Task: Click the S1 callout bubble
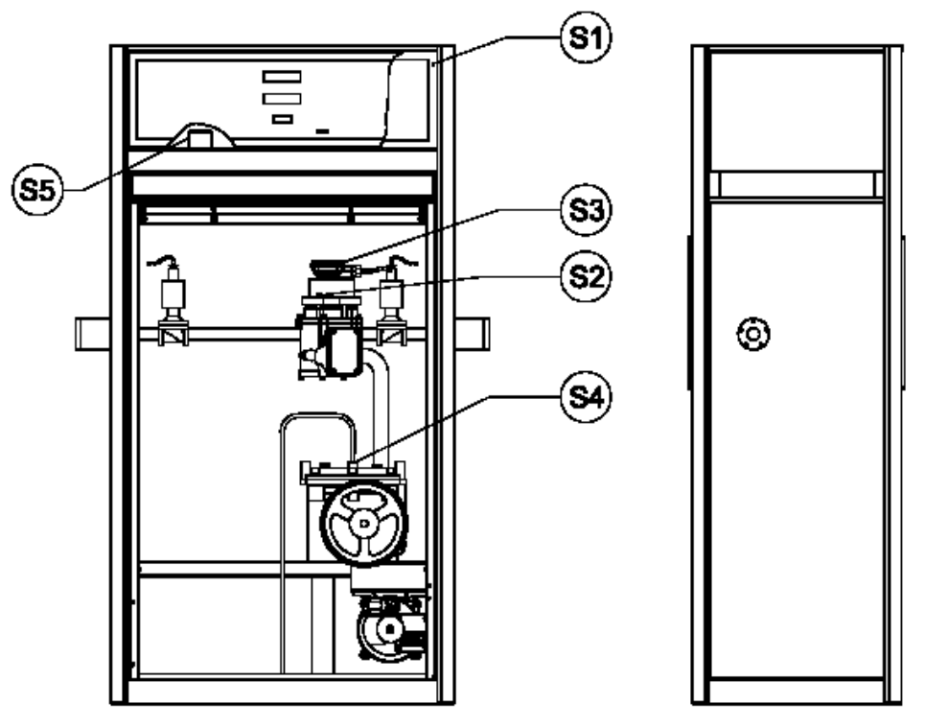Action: click(x=586, y=37)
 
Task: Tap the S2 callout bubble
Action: click(x=586, y=276)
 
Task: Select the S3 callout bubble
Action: click(x=586, y=209)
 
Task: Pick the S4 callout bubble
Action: click(x=586, y=396)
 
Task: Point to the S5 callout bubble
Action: click(x=37, y=189)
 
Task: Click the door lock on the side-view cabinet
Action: click(x=753, y=334)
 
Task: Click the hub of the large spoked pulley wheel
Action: click(x=364, y=523)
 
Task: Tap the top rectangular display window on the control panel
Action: click(x=282, y=77)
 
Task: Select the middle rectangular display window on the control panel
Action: click(x=282, y=99)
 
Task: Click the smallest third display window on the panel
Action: click(x=283, y=119)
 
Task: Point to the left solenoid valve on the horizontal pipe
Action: click(x=173, y=301)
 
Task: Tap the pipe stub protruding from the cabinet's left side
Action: click(x=93, y=334)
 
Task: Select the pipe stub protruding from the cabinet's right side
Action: click(x=472, y=334)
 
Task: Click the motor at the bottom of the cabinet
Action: click(x=389, y=629)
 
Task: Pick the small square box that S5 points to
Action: click(x=200, y=139)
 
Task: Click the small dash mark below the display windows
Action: click(x=322, y=131)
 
